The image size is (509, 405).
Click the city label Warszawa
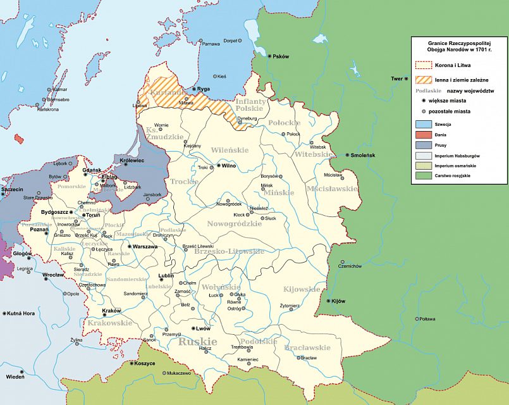point(145,247)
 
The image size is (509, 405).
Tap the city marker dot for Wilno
point(217,166)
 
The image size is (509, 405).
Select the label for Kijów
point(338,301)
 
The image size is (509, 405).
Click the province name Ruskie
point(197,342)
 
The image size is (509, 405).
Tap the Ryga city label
point(204,89)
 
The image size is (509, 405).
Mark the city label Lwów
point(203,329)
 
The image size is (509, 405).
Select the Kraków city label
point(111,311)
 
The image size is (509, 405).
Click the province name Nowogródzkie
point(234,223)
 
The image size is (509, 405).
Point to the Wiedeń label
point(16,377)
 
